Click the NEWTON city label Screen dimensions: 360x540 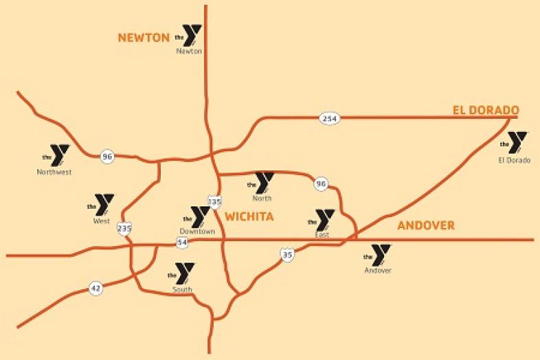(144, 38)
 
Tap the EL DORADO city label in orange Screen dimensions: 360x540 (485, 111)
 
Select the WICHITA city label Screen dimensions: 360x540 (249, 216)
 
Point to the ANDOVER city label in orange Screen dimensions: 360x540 (425, 225)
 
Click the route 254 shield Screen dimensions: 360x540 (330, 120)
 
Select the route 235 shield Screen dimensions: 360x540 (124, 229)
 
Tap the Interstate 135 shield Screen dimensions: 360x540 (214, 201)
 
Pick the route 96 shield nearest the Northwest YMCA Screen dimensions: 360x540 (106, 156)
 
